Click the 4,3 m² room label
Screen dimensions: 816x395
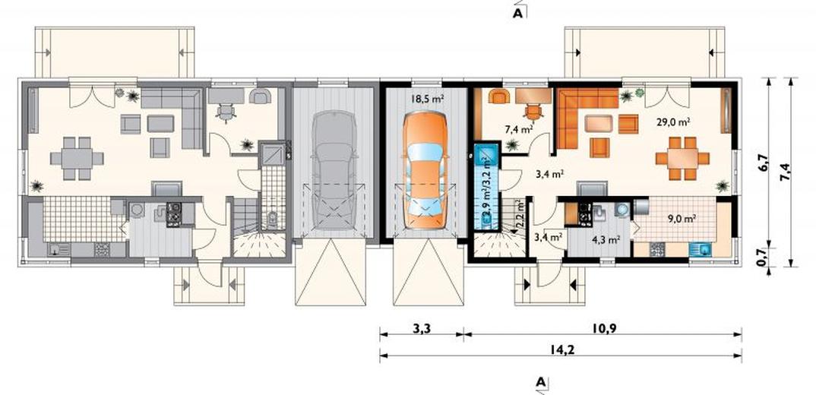coord(606,240)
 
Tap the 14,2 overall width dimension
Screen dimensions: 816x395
coord(560,349)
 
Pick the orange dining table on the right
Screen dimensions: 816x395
coord(682,158)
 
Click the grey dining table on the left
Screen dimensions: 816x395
coord(77,158)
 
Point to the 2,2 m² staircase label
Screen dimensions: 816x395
coord(518,215)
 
